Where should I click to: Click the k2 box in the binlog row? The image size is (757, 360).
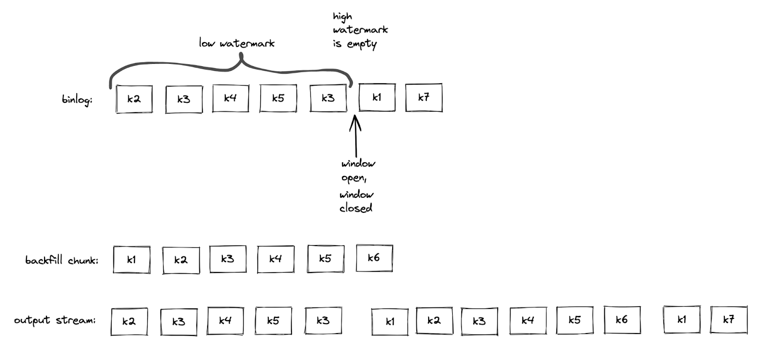pyautogui.click(x=134, y=98)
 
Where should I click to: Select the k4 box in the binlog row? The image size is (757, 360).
pyautogui.click(x=230, y=98)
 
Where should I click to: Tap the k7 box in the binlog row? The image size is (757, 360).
pyautogui.click(x=423, y=97)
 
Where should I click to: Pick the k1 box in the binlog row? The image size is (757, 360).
pyautogui.click(x=377, y=97)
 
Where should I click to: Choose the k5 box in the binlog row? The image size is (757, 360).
pyautogui.click(x=278, y=98)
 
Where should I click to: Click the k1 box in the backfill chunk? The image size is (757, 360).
pyautogui.click(x=132, y=259)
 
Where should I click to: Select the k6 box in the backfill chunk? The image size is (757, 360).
pyautogui.click(x=374, y=258)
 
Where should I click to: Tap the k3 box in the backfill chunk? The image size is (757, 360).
pyautogui.click(x=228, y=259)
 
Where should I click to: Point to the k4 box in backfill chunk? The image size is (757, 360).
pyautogui.click(x=275, y=259)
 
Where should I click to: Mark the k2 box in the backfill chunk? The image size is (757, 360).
pyautogui.click(x=180, y=260)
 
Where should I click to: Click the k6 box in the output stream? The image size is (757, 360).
pyautogui.click(x=622, y=320)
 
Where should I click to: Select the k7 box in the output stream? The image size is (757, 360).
pyautogui.click(x=729, y=320)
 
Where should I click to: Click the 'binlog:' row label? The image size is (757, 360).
pyautogui.click(x=77, y=100)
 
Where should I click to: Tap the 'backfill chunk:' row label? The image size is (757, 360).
pyautogui.click(x=62, y=260)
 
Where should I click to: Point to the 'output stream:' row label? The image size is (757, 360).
pyautogui.click(x=55, y=320)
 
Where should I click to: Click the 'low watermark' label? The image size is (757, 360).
pyautogui.click(x=237, y=44)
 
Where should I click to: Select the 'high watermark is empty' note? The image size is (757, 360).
pyautogui.click(x=360, y=30)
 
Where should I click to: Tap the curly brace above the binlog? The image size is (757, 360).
pyautogui.click(x=231, y=69)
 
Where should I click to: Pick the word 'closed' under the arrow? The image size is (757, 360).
pyautogui.click(x=356, y=208)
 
